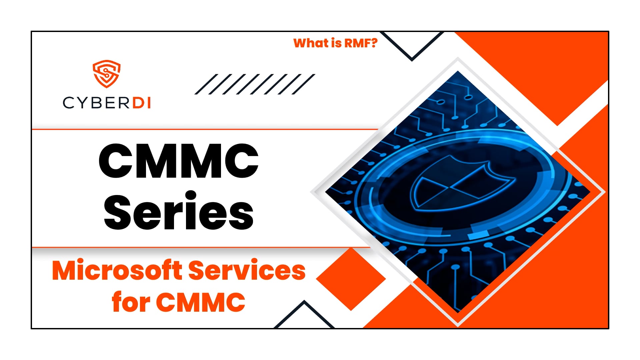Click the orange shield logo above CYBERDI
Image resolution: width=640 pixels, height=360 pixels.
click(106, 74)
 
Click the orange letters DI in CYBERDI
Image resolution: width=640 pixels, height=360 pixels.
click(142, 103)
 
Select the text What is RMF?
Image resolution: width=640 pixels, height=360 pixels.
click(335, 43)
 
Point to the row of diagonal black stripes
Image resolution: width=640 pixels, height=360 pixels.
click(255, 84)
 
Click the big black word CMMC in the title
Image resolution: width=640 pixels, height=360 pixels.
click(179, 161)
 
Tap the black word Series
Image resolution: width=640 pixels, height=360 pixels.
click(179, 211)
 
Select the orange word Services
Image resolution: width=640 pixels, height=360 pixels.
click(247, 270)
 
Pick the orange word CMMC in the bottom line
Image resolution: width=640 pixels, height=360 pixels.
click(201, 302)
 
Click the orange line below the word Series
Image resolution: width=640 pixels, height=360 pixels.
click(200, 247)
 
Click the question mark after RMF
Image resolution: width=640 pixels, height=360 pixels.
click(374, 43)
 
